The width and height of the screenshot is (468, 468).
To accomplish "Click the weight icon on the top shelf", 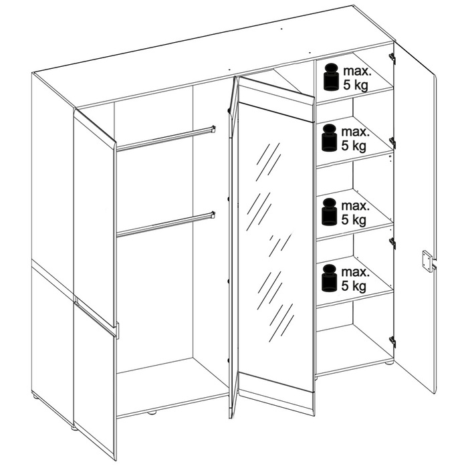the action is (x=331, y=77).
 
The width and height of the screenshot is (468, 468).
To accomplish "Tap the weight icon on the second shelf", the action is (x=329, y=138).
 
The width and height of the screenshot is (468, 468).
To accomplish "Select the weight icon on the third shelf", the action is (x=329, y=212).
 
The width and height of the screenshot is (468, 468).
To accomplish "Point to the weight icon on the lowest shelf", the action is (x=329, y=278).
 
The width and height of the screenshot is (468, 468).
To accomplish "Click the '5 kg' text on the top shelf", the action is (x=355, y=85).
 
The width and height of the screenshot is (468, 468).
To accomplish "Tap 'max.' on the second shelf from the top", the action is (x=356, y=132).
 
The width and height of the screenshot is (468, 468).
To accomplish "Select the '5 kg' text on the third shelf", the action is (x=354, y=220).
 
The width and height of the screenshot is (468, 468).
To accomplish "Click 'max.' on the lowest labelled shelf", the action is (x=356, y=272).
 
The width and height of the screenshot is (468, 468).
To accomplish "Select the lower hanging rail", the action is (x=166, y=224).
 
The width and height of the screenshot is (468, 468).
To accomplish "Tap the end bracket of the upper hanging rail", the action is (x=213, y=128).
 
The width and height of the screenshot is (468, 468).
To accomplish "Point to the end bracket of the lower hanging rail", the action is (x=213, y=215).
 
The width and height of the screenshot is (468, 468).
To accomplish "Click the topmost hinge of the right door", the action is (x=392, y=58).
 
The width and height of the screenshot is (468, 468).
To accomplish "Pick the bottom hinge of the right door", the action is (x=392, y=342).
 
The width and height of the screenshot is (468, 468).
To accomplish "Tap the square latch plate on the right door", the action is (x=427, y=261).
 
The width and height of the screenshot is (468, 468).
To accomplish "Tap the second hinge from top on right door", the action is (x=392, y=142).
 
